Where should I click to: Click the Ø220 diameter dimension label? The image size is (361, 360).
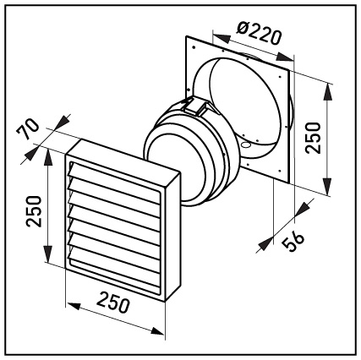(259, 32)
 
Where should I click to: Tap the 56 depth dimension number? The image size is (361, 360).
(294, 242)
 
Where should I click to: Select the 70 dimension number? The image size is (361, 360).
(27, 129)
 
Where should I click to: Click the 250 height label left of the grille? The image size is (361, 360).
(34, 211)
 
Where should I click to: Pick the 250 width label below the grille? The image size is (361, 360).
(113, 303)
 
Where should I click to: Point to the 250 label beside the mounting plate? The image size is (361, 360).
(313, 138)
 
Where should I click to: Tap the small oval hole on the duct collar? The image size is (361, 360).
(246, 145)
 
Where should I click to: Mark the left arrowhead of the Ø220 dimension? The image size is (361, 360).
(221, 38)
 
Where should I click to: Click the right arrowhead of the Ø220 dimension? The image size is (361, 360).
(285, 57)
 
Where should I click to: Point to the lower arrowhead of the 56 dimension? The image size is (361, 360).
(265, 243)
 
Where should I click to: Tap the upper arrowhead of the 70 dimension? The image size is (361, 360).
(63, 122)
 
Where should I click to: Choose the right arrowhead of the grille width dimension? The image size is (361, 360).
(156, 330)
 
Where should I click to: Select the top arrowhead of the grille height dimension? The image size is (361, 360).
(48, 157)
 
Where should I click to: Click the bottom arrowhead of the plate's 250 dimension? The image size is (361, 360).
(326, 186)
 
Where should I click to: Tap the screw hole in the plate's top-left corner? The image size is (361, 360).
(194, 47)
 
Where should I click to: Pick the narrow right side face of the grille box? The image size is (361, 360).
(172, 237)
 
